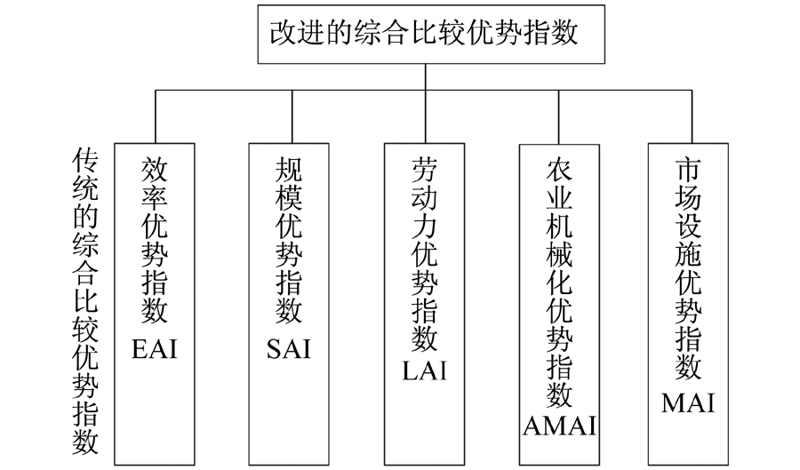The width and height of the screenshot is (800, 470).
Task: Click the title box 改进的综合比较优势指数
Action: coord(431,34)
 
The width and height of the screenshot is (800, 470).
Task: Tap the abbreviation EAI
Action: coord(155,350)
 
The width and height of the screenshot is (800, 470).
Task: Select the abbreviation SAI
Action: coord(289,350)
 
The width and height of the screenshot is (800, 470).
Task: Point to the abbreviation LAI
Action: coord(425,370)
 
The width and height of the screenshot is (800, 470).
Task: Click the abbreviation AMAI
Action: coord(560,426)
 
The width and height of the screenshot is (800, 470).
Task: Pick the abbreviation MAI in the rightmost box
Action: coord(688,402)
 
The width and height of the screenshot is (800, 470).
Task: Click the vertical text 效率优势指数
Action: coord(155,240)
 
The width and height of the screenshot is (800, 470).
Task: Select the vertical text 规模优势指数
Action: coord(289,240)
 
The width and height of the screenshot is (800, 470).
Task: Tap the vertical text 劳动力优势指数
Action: coord(425,254)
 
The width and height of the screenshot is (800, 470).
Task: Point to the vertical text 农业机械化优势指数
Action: coord(560,283)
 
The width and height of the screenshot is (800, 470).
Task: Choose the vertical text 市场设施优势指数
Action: coord(688,268)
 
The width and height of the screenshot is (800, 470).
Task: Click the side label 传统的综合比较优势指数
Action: coord(84,301)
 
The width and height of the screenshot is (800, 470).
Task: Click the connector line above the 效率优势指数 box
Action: coord(156,116)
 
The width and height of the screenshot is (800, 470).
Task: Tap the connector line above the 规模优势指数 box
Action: coord(292,116)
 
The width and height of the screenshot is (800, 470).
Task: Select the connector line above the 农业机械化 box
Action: coord(559,117)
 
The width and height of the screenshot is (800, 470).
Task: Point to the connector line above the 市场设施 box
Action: coord(692,116)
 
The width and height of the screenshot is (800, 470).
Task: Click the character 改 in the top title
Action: coord(284,33)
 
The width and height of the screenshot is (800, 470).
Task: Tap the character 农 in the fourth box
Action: coord(560,170)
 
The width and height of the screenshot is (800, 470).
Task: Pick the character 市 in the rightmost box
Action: coord(688,170)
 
